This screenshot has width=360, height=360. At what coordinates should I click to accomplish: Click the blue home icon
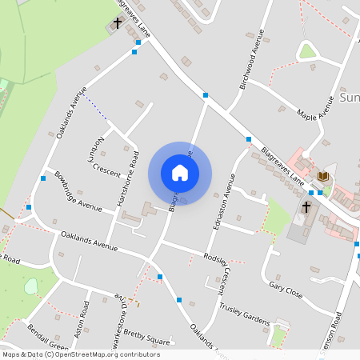click(180, 173)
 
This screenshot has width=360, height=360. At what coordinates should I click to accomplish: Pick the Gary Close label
click(286, 290)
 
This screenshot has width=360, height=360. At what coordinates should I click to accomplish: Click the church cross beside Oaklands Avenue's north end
click(118, 23)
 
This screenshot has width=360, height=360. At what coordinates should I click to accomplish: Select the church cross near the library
click(306, 207)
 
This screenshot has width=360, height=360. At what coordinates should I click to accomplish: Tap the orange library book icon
click(323, 176)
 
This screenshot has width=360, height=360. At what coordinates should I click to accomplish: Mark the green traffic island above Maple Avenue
click(307, 52)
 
